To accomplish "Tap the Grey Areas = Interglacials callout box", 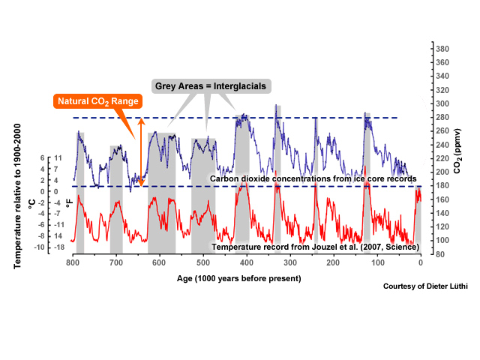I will [x=211, y=85].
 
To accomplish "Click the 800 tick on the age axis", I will [x=73, y=264].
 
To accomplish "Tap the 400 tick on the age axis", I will [x=247, y=264].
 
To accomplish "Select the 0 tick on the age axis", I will [x=421, y=264].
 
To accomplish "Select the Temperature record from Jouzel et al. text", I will [x=316, y=247].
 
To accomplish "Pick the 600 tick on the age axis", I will [x=160, y=264].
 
